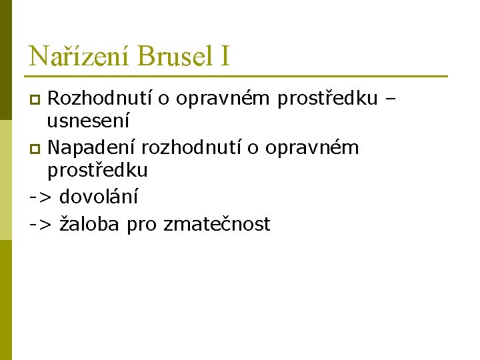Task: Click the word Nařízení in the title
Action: (81, 55)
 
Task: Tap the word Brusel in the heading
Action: (171, 55)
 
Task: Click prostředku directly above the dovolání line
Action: (97, 171)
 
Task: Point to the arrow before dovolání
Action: (41, 197)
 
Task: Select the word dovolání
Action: (99, 196)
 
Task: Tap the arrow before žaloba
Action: (41, 225)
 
